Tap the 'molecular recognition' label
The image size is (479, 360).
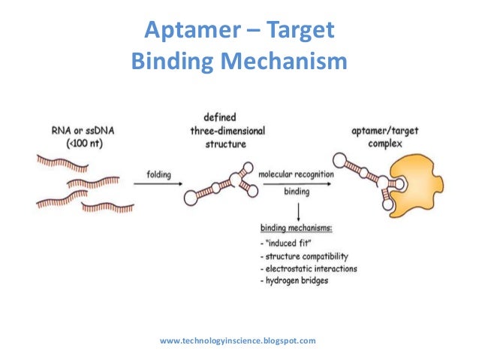click(296, 175)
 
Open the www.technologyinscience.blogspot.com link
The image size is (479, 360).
click(238, 340)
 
